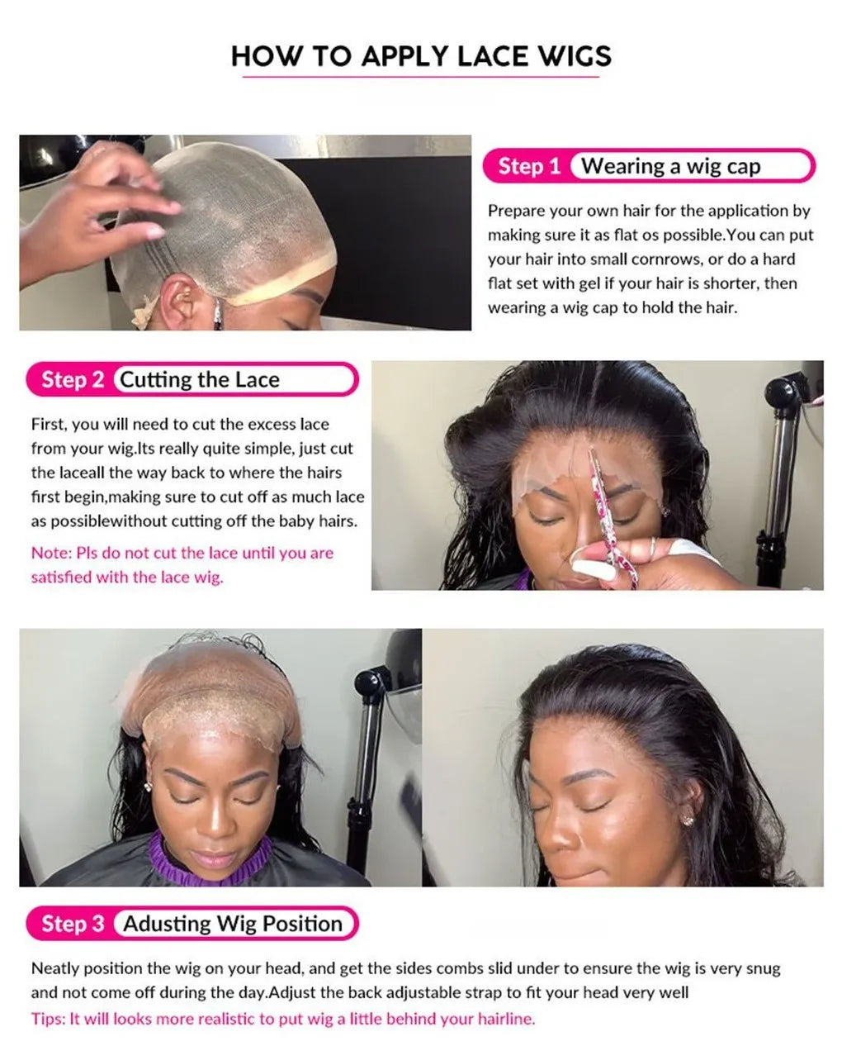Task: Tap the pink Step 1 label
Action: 529,166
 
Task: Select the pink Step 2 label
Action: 73,379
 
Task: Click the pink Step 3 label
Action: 73,924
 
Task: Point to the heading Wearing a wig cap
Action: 670,167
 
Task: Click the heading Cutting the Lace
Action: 200,379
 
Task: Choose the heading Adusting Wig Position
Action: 233,924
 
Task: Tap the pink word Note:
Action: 51,553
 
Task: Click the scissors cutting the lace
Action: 613,518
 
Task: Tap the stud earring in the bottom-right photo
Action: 688,821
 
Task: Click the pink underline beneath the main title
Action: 420,77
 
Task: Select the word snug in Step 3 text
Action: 763,968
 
